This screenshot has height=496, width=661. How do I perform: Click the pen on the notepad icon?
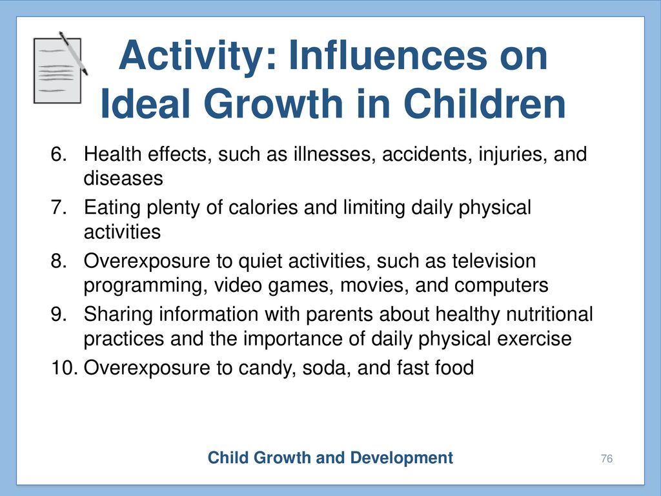[74, 53]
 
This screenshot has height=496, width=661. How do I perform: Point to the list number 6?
[59, 154]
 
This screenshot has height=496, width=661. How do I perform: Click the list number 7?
[59, 207]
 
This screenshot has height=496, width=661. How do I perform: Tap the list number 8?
[59, 261]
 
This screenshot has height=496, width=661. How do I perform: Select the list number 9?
[59, 315]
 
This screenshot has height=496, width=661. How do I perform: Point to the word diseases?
[123, 178]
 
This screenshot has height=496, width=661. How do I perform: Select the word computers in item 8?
[501, 286]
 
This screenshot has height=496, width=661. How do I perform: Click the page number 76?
[607, 459]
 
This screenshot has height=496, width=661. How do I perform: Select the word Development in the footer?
[402, 458]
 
